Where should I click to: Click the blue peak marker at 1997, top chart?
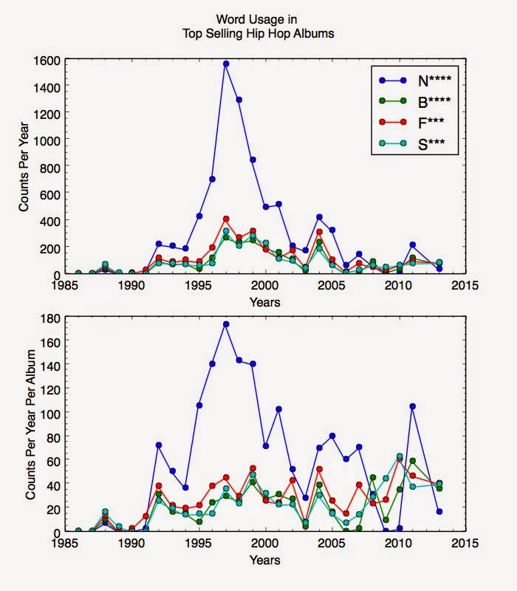click(226, 64)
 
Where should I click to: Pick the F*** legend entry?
click(415, 122)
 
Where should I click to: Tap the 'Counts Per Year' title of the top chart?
click(24, 166)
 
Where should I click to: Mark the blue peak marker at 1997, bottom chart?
click(226, 324)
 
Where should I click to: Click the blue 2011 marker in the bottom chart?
click(412, 406)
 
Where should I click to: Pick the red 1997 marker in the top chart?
click(226, 219)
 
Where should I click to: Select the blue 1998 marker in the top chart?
click(239, 100)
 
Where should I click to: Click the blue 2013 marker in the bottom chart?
click(439, 511)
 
